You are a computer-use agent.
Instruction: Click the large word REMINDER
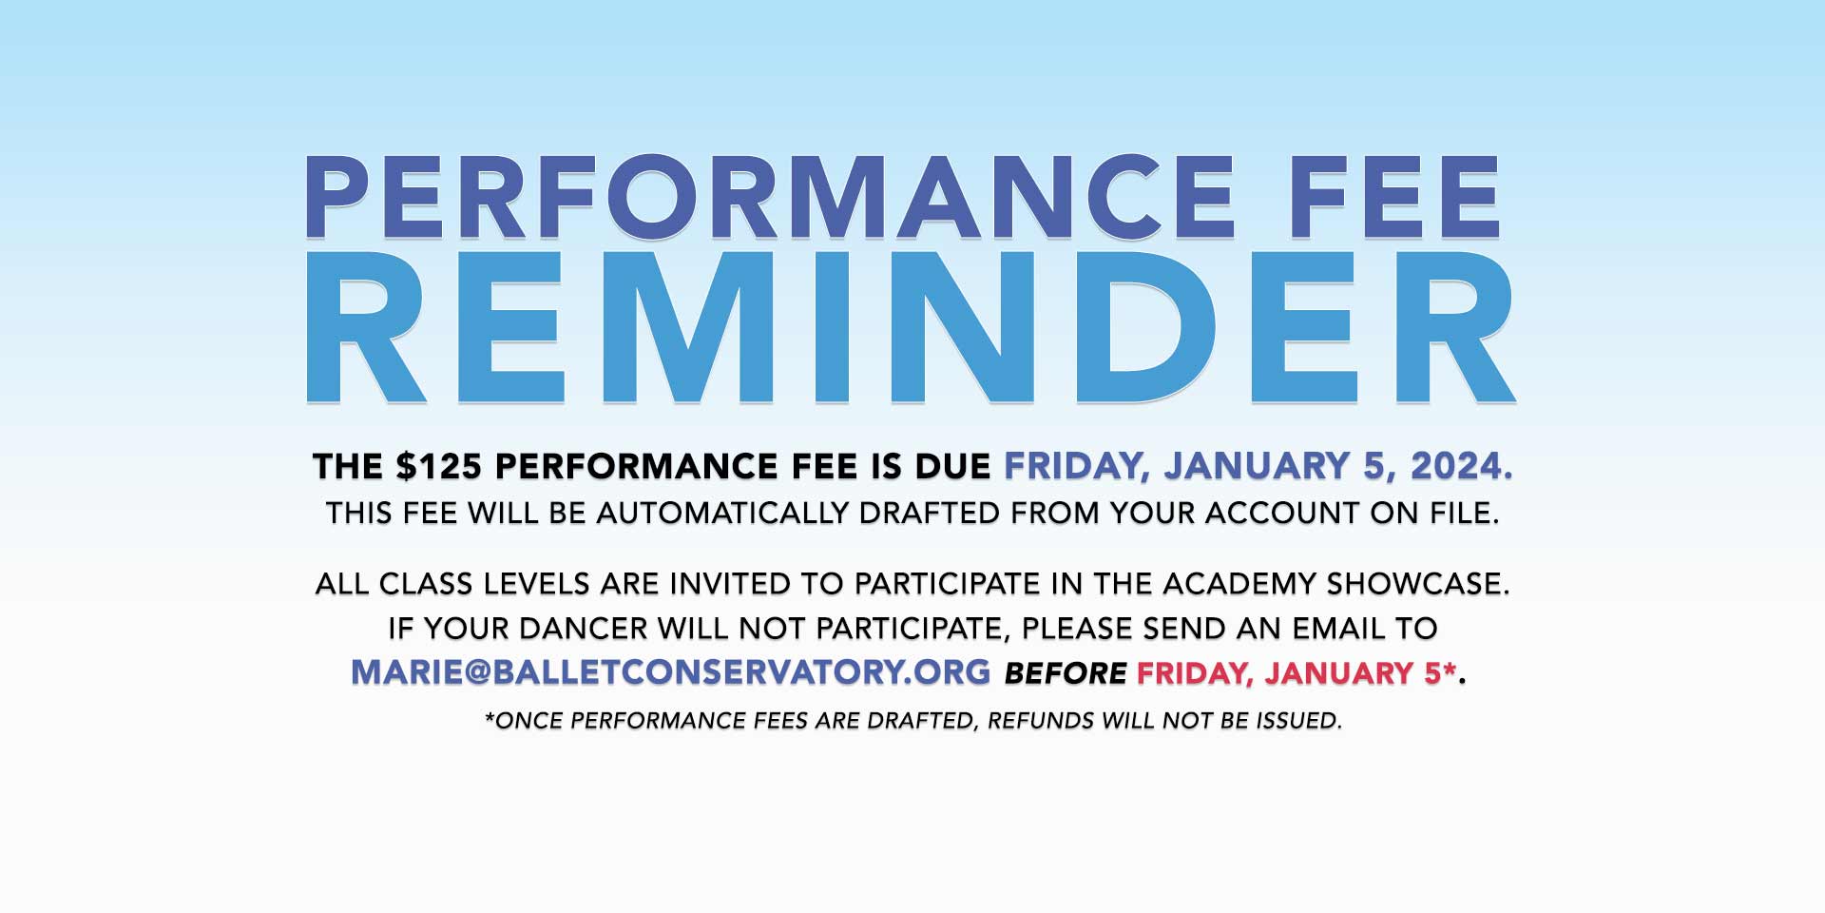tap(910, 328)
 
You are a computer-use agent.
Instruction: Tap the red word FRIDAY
tap(1195, 673)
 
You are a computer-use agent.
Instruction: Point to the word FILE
tap(1464, 513)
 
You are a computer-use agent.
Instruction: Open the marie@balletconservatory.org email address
tap(671, 672)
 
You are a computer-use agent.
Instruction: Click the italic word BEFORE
tap(1066, 673)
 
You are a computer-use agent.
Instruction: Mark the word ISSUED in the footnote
tap(1299, 721)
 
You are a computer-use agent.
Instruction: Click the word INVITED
tap(730, 583)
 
